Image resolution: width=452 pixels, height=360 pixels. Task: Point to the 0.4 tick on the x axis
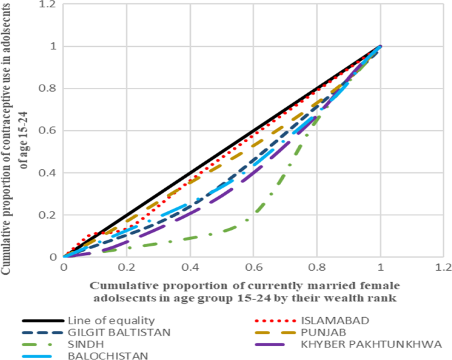[190, 268]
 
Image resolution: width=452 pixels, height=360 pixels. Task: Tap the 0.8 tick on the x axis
[317, 268]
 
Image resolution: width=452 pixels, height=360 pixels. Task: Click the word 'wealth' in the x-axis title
[354, 297]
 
